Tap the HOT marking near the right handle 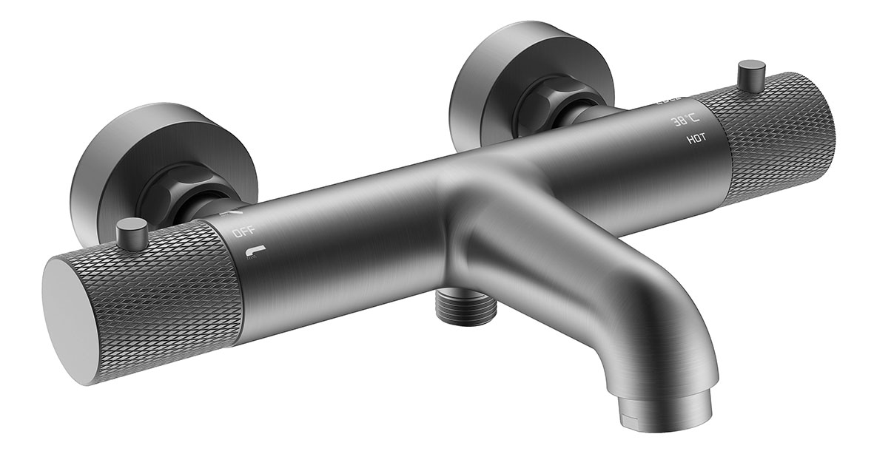point(696,138)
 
